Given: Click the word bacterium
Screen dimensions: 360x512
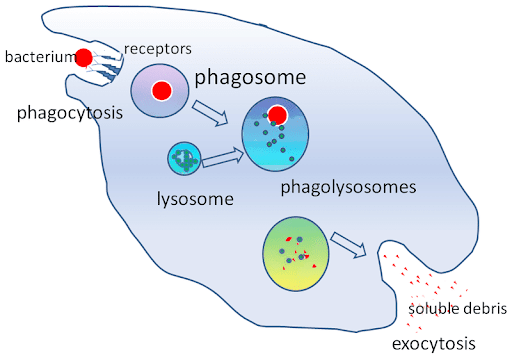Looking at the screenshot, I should [38, 58].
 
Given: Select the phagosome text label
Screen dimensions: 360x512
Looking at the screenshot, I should [250, 77].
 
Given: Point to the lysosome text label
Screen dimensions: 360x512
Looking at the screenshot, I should [195, 198].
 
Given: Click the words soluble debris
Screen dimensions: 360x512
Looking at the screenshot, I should [459, 308].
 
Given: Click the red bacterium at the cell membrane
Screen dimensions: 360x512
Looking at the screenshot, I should [84, 58].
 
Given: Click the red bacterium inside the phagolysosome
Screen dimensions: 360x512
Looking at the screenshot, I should [278, 117].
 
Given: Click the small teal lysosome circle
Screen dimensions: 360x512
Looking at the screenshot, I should [184, 157].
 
